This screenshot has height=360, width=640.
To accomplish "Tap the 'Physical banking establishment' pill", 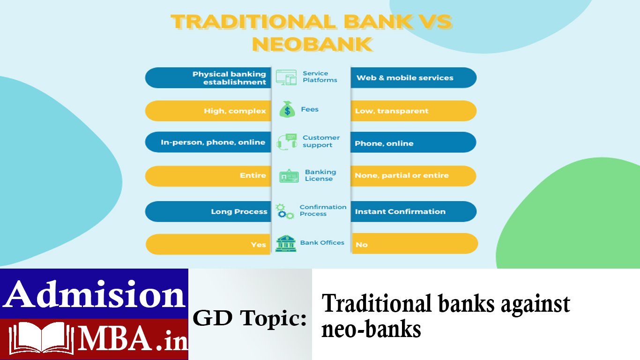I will click(208, 78).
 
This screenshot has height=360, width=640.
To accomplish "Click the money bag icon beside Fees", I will click(287, 110).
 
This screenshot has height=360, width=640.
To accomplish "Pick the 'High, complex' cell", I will click(208, 111).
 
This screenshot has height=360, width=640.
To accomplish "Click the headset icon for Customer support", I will click(287, 141).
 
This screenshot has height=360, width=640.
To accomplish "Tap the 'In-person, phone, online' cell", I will click(208, 142).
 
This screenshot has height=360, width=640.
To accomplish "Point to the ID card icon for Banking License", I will click(289, 176).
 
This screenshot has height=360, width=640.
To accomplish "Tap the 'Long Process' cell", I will click(208, 211).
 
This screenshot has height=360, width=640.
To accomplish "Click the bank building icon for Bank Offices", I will click(285, 243).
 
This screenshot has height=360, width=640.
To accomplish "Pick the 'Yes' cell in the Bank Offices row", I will click(208, 244).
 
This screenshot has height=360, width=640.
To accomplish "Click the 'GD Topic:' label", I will click(250, 319).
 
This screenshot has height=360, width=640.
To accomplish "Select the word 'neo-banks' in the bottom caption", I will click(371, 329).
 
